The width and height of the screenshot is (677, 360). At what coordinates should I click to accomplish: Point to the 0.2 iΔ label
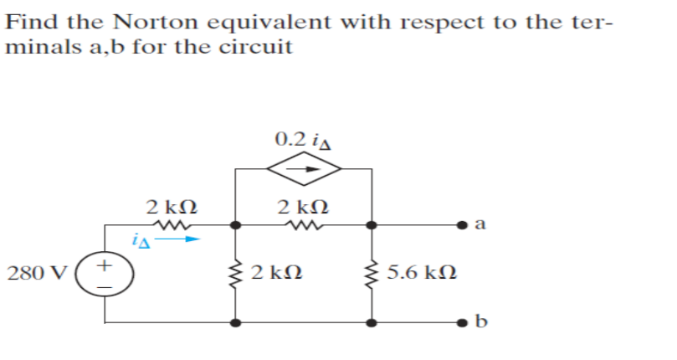[304, 136]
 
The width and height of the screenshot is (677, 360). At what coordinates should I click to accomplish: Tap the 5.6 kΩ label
[422, 274]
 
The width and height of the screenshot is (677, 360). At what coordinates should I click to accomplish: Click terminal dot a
[463, 224]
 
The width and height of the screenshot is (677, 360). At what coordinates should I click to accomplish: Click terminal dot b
[463, 322]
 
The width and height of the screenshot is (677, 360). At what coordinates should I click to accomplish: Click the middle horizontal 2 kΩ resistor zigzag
[304, 224]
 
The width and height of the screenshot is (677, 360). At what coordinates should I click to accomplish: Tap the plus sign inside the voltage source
[105, 265]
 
